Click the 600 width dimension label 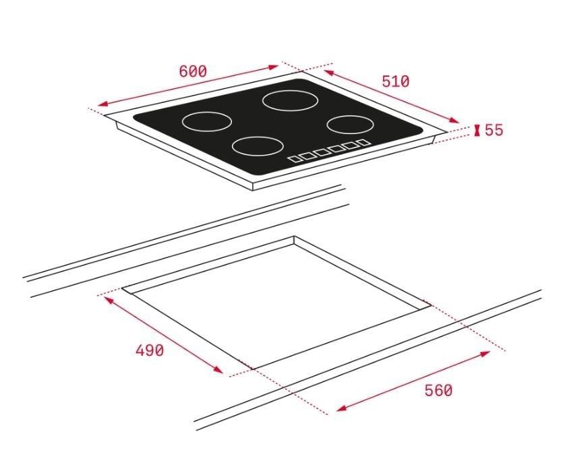(x=193, y=71)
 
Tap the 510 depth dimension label (x=395, y=82)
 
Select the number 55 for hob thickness (x=494, y=130)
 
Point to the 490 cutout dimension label (x=149, y=350)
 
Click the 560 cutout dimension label (x=438, y=390)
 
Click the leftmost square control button (x=295, y=159)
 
